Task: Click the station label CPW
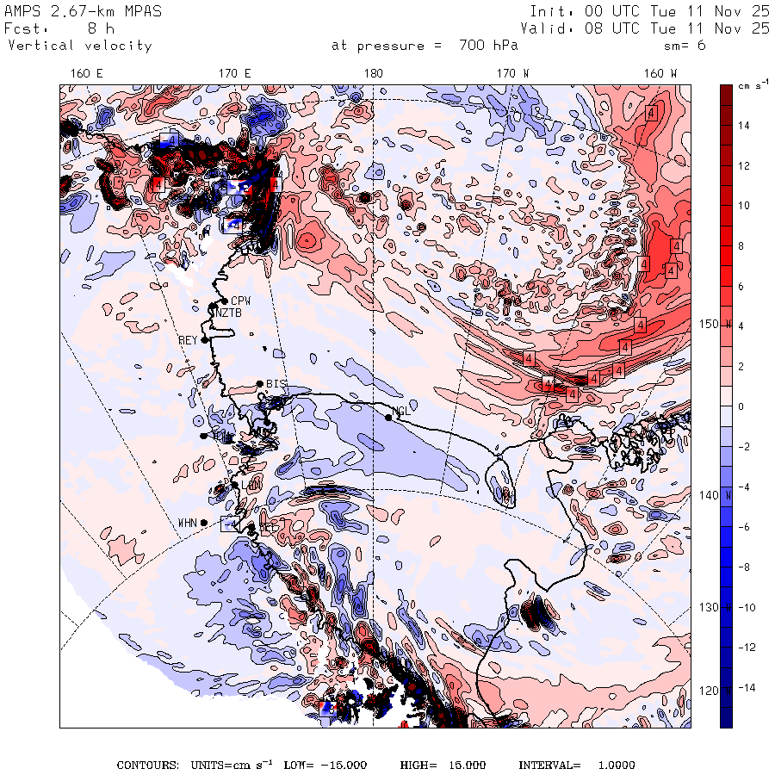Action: coord(240,301)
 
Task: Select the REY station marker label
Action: coord(188,340)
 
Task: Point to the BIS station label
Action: coord(276,383)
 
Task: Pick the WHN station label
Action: coord(188,523)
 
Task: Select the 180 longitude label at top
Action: coord(373,74)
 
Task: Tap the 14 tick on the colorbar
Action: coord(743,126)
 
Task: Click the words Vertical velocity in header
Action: coord(80,46)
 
